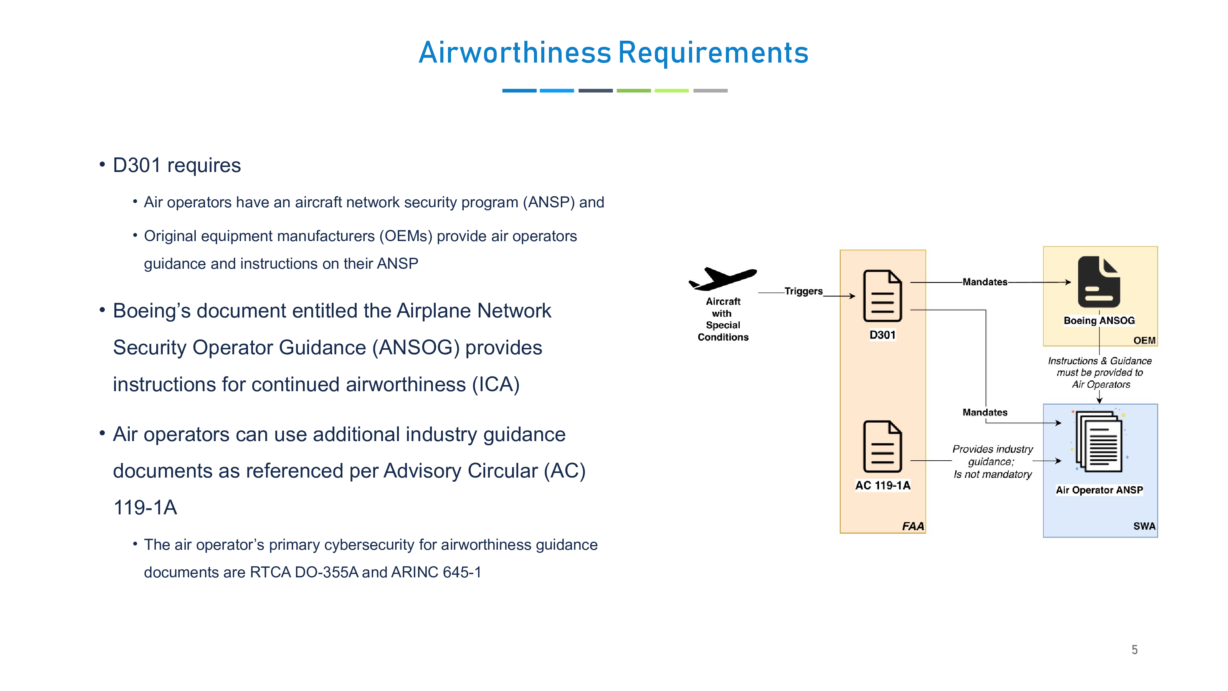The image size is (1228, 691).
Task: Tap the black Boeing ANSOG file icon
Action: tap(1098, 282)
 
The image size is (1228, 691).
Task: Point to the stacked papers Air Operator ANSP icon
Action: tap(1098, 441)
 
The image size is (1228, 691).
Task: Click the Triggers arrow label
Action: tap(803, 291)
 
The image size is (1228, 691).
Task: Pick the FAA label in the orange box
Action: tap(912, 526)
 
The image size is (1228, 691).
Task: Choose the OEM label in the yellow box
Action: tap(1144, 340)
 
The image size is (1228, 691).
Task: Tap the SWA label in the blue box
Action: tap(1144, 526)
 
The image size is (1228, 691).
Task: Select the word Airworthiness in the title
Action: tap(514, 53)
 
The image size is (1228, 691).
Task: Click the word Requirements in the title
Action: tap(713, 53)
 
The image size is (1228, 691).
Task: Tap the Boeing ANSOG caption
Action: tap(1098, 321)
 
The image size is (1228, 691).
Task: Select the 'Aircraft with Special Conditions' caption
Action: tap(723, 319)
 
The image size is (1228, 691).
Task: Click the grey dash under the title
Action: tap(710, 91)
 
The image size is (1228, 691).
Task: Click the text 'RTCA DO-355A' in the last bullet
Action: tap(304, 572)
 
